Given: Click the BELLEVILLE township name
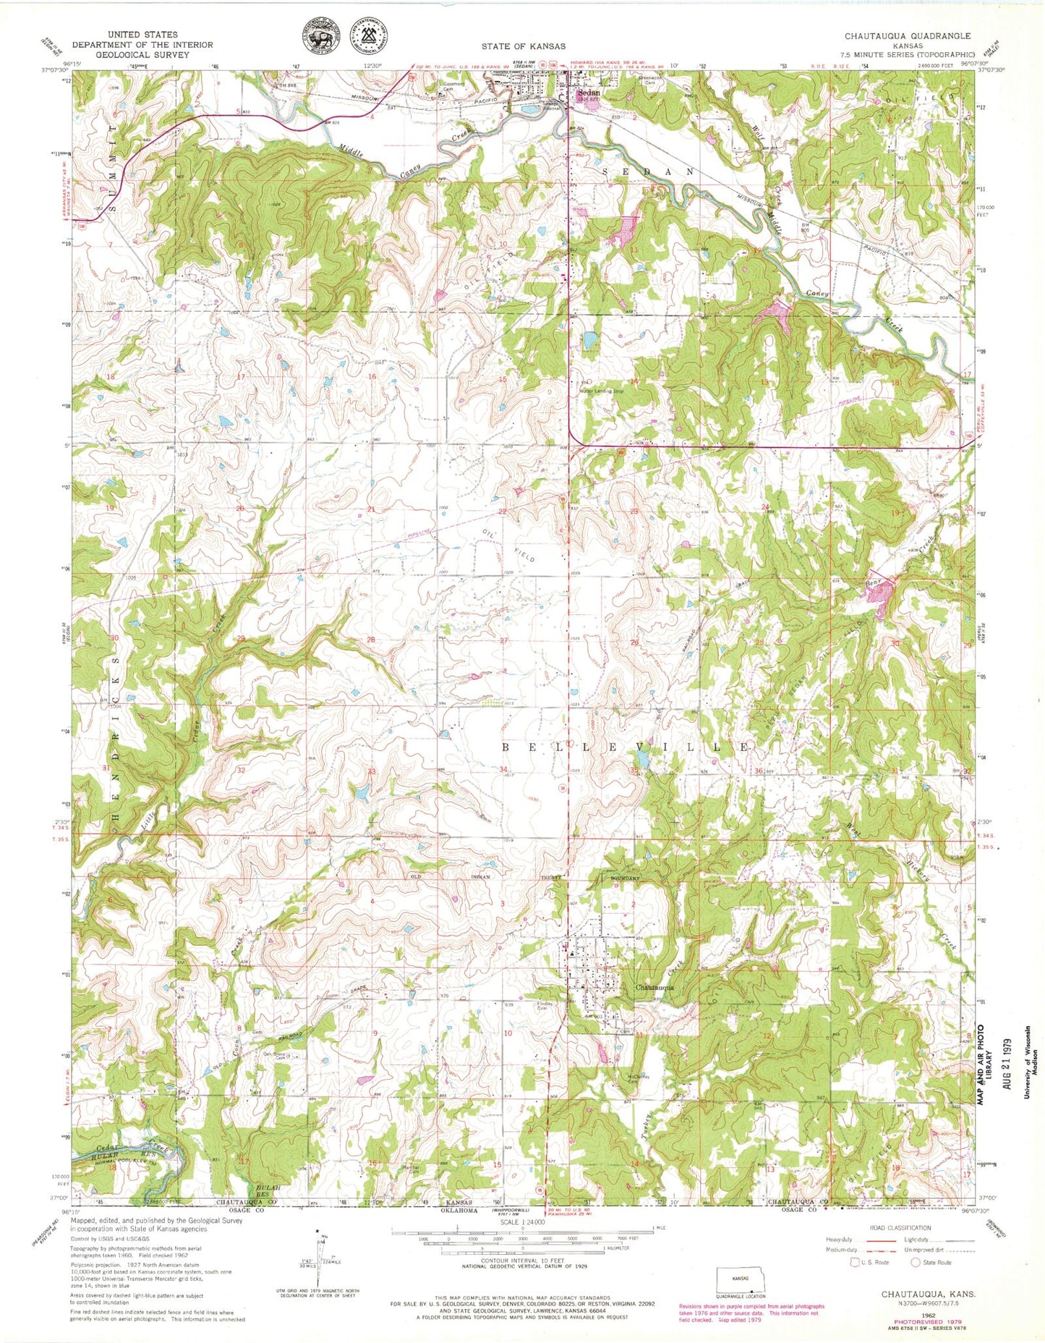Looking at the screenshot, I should point(625,747).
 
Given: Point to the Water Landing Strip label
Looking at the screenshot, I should point(600,391).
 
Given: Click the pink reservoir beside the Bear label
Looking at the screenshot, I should point(880,596).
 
